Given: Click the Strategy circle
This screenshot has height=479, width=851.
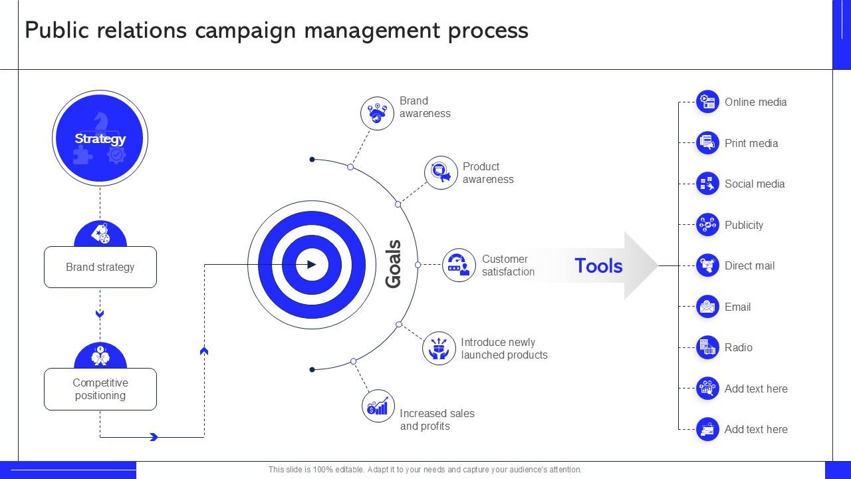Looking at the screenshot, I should click(x=100, y=138).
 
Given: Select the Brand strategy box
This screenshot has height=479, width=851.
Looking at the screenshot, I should click(x=100, y=267).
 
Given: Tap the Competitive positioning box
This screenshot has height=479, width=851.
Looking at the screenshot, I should click(x=100, y=389).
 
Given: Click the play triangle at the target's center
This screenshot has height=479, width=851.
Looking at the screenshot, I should click(x=312, y=265).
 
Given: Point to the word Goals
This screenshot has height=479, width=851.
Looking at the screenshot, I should click(x=394, y=264).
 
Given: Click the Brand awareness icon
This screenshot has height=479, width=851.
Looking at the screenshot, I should click(x=377, y=113).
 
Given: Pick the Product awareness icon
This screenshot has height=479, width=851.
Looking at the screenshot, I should click(x=441, y=173).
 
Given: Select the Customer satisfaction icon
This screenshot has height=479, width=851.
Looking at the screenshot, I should click(x=459, y=265).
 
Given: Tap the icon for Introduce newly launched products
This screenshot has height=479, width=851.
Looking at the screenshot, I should click(x=439, y=348).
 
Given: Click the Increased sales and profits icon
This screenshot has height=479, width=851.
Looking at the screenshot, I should click(x=378, y=406).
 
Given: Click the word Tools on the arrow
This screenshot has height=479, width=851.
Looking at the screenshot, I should click(x=598, y=265).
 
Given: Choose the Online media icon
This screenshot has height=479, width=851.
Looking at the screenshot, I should click(x=707, y=102).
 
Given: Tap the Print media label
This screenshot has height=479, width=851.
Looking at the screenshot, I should click(x=751, y=143).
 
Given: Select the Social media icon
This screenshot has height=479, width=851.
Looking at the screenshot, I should click(x=707, y=184).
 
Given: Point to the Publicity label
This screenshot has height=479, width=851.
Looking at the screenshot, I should click(x=744, y=225).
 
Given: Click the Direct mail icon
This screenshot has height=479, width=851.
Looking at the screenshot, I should click(x=707, y=265).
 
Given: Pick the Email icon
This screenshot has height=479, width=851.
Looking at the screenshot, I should click(x=707, y=307).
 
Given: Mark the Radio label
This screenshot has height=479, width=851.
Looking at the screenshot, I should click(x=739, y=347).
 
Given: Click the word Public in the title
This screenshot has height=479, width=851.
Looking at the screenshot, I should click(x=58, y=31).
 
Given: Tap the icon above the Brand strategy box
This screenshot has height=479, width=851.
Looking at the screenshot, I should click(x=100, y=234).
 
